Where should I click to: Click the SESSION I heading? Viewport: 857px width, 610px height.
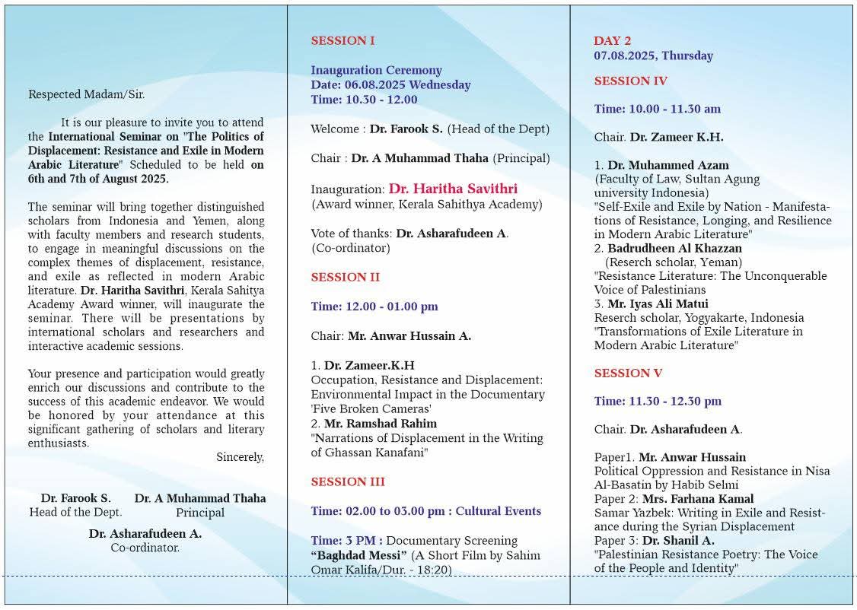(342, 41)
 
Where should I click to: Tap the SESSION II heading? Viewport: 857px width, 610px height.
(345, 278)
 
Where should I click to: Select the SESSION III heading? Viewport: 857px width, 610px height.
(348, 482)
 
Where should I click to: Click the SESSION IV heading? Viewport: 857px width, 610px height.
(630, 81)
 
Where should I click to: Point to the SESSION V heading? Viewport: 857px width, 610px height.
(628, 373)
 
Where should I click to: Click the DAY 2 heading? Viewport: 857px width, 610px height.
(612, 41)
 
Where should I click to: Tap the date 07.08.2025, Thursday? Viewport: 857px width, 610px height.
(653, 56)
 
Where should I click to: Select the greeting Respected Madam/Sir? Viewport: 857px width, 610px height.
(86, 95)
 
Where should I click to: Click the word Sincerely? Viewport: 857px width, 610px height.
(240, 457)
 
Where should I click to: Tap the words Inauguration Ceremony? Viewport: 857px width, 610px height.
(376, 71)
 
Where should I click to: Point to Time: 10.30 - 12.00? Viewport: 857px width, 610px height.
(364, 100)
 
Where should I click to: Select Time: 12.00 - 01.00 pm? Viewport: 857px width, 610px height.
(374, 307)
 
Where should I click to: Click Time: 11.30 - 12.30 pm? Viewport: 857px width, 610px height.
(658, 402)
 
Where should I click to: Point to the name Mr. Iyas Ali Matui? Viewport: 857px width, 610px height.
(667, 304)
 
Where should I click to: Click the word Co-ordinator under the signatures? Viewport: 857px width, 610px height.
(145, 548)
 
